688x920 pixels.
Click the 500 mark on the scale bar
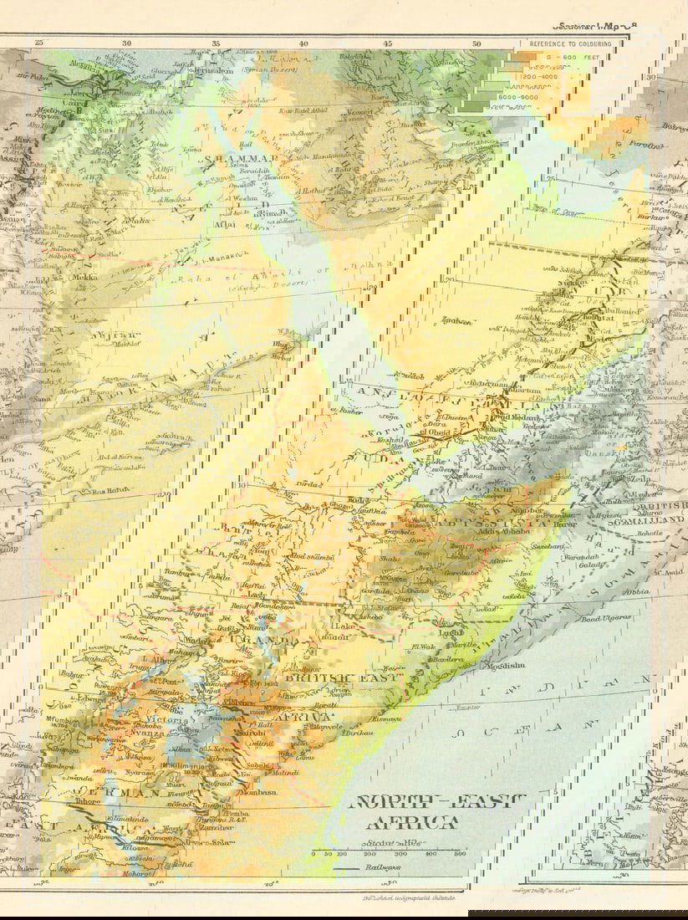[x=459, y=854]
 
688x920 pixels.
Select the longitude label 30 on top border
[x=126, y=43]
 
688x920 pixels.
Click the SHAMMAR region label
[x=232, y=158]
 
